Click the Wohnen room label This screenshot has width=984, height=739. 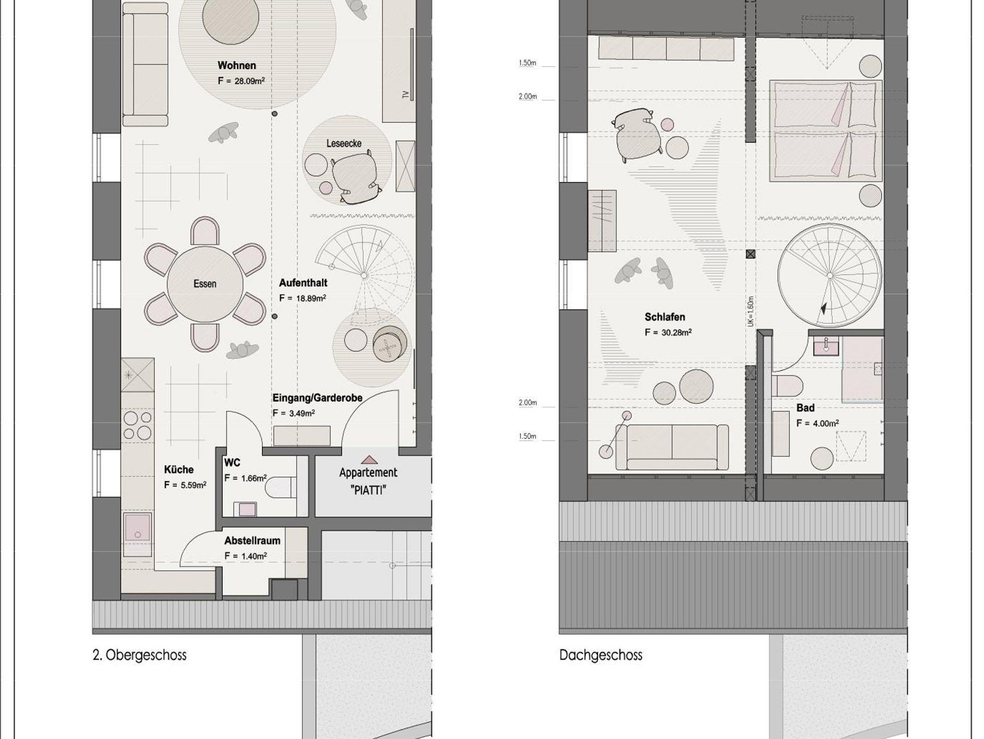pyautogui.click(x=236, y=65)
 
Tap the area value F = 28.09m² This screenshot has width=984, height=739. pyautogui.click(x=241, y=81)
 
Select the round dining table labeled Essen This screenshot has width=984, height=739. pyautogui.click(x=205, y=284)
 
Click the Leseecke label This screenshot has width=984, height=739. pyautogui.click(x=344, y=143)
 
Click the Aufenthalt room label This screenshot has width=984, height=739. pyautogui.click(x=303, y=283)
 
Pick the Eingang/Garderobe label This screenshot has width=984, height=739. pyautogui.click(x=317, y=398)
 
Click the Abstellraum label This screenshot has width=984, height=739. pyautogui.click(x=252, y=541)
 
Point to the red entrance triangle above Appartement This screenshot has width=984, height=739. pyautogui.click(x=369, y=460)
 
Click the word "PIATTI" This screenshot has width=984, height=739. pyautogui.click(x=369, y=490)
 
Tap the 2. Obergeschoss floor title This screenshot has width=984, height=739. pyautogui.click(x=139, y=655)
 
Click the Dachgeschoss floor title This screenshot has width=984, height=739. pyautogui.click(x=601, y=655)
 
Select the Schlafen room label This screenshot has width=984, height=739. pyautogui.click(x=665, y=317)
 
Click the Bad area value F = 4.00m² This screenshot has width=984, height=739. pyautogui.click(x=818, y=423)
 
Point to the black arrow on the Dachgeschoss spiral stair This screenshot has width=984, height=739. pyautogui.click(x=824, y=308)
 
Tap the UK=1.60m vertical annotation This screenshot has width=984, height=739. pyautogui.click(x=750, y=311)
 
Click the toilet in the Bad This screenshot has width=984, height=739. pyautogui.click(x=787, y=386)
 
